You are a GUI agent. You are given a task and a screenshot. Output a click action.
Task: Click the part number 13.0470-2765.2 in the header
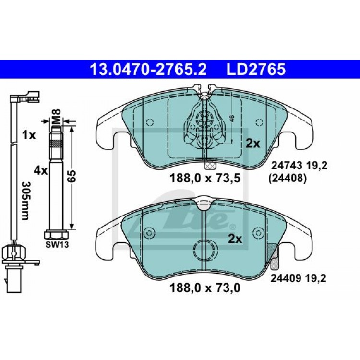[149, 69]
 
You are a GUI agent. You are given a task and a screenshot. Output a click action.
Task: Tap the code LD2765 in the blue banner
[256, 69]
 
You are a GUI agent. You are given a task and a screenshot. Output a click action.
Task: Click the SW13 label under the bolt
[57, 245]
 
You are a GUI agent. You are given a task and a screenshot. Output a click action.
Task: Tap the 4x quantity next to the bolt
[40, 170]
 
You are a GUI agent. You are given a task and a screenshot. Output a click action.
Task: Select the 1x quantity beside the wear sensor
[29, 135]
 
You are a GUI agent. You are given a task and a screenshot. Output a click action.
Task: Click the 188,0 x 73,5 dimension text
[205, 179]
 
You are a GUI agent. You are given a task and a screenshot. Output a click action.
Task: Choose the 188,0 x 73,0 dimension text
[205, 288]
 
